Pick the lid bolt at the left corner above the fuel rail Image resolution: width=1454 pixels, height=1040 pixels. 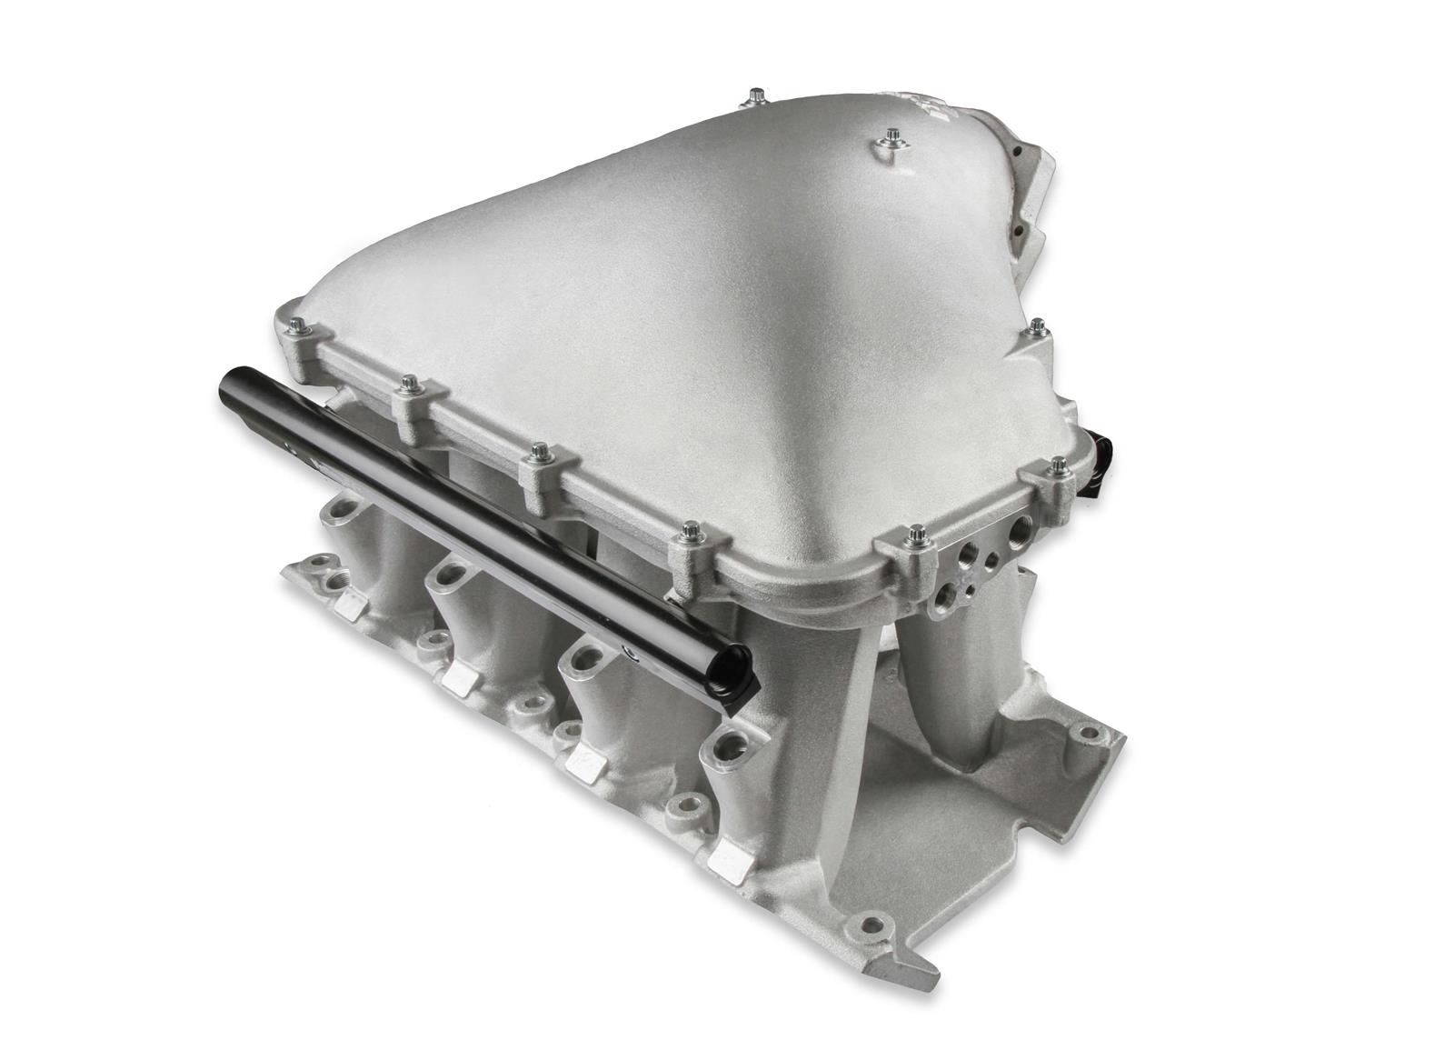pyautogui.click(x=297, y=325)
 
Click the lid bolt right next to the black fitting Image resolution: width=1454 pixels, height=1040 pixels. pyautogui.click(x=1058, y=466)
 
